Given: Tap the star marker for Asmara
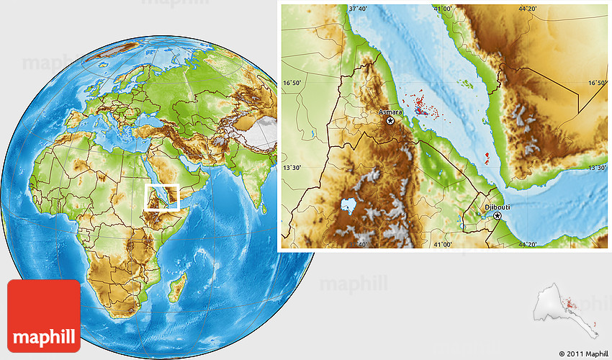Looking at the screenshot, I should point(390,122).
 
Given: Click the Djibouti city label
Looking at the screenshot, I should point(497,207).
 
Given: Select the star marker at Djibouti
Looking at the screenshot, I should point(497,215).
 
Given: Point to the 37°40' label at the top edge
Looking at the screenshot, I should point(358,9).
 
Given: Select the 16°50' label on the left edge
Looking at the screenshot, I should point(292,84).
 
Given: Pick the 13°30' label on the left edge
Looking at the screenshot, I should point(292,168).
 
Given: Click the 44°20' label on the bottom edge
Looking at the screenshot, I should point(527,245).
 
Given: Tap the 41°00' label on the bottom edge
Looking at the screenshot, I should point(442,245).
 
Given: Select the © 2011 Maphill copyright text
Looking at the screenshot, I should point(582,354).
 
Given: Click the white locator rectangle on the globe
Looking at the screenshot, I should point(161,197).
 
